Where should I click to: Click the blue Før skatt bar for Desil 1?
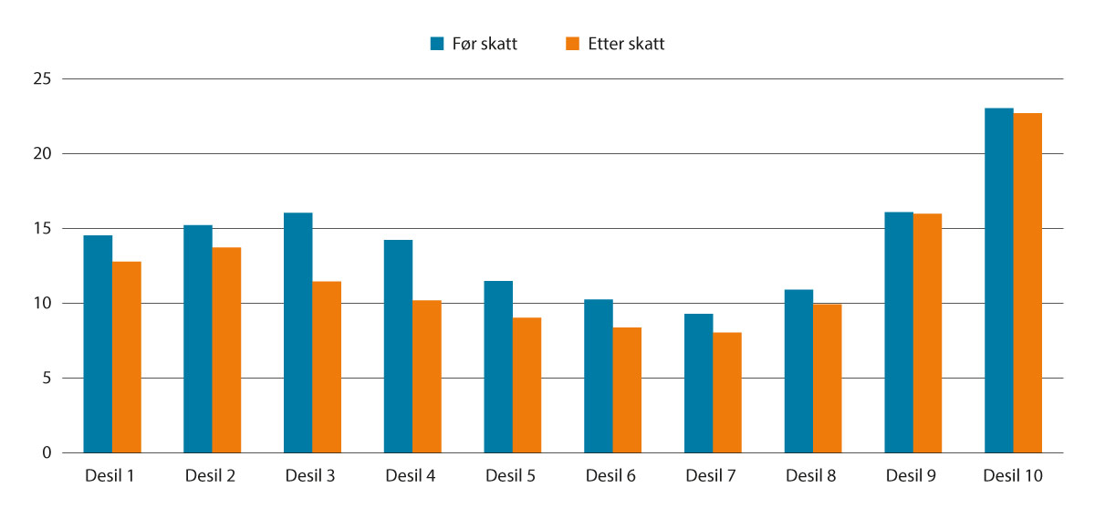pyautogui.click(x=98, y=344)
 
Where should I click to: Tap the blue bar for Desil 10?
pyautogui.click(x=999, y=280)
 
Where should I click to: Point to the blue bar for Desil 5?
pyautogui.click(x=498, y=367)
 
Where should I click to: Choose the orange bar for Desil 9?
pyautogui.click(x=927, y=333)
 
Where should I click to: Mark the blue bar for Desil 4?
pyautogui.click(x=398, y=346)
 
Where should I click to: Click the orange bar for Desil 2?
pyautogui.click(x=226, y=349)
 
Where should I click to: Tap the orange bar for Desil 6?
pyautogui.click(x=627, y=389)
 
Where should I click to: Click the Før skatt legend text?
pyautogui.click(x=485, y=44)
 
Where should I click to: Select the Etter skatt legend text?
pyautogui.click(x=626, y=44)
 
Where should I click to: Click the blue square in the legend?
pyautogui.click(x=437, y=44)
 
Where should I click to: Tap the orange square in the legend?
pyautogui.click(x=573, y=44)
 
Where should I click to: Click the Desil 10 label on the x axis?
pyautogui.click(x=1013, y=475)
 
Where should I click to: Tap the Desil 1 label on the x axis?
pyautogui.click(x=111, y=475)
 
